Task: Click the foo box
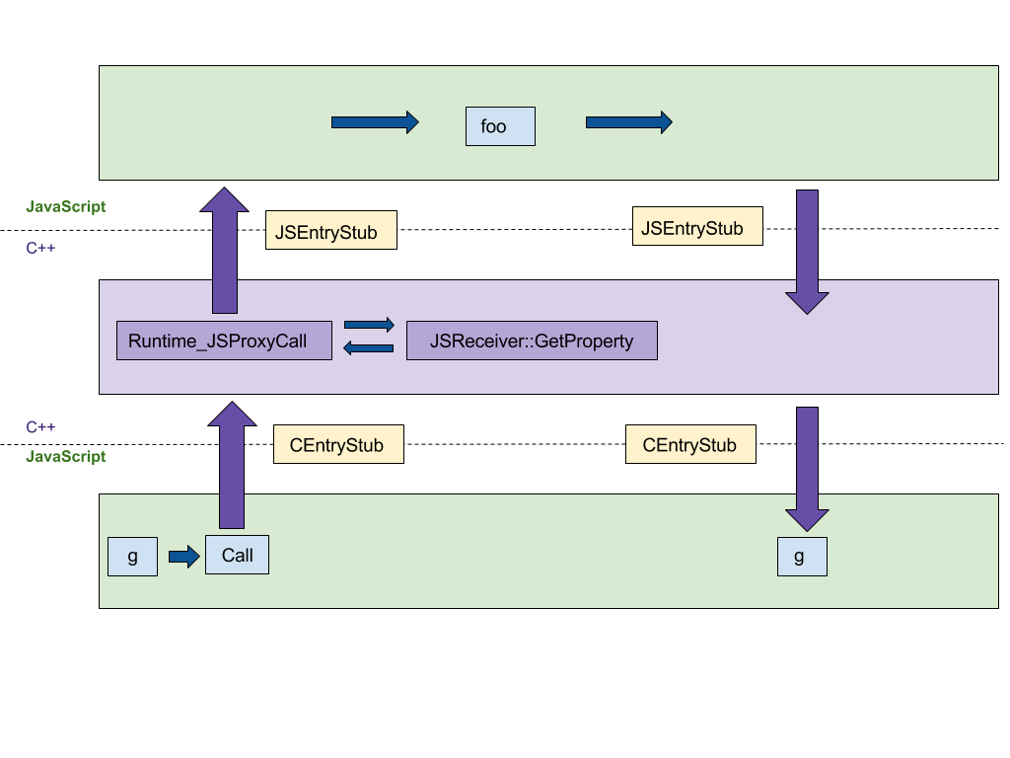click(500, 126)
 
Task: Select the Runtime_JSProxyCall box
click(224, 341)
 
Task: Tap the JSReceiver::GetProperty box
click(532, 341)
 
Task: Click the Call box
click(237, 555)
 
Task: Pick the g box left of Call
click(133, 557)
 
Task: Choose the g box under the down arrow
click(803, 557)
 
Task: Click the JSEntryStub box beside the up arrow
click(331, 230)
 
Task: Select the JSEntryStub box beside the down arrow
click(697, 226)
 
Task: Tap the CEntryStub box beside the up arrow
click(339, 444)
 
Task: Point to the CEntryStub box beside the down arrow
click(690, 444)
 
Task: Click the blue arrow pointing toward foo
click(375, 122)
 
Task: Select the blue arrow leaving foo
click(629, 122)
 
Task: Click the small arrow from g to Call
click(184, 557)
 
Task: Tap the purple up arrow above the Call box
click(232, 465)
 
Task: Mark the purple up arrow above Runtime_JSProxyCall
click(224, 250)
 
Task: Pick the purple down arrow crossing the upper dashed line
click(807, 252)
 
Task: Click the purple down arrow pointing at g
click(807, 469)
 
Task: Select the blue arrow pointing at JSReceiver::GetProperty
click(369, 325)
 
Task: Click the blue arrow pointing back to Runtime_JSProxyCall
click(369, 348)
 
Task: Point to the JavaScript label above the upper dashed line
click(66, 207)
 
